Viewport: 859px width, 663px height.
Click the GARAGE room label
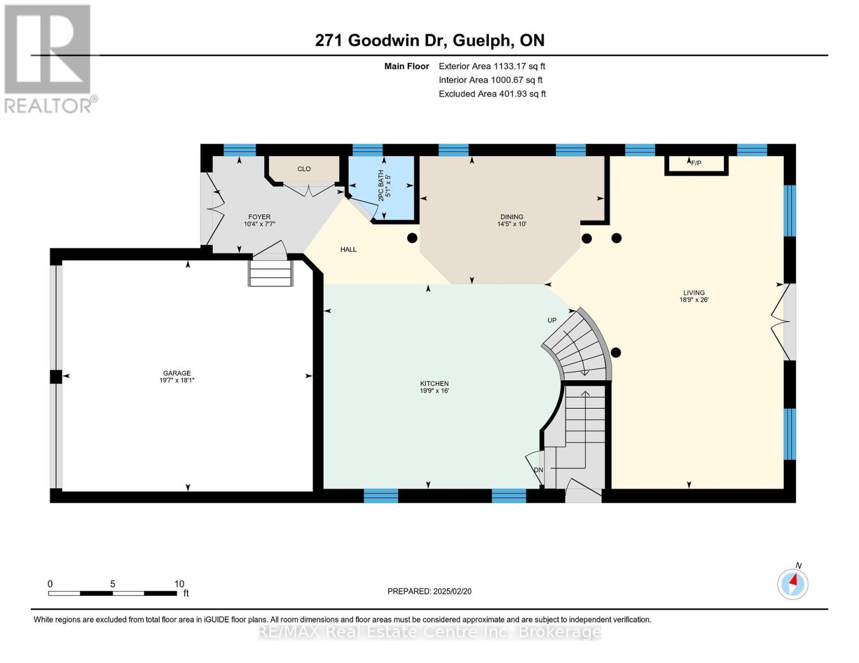[x=176, y=373]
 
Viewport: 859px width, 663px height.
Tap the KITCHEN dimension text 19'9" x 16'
[x=434, y=391]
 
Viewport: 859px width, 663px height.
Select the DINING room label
[x=512, y=217]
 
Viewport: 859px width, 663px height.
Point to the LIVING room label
[x=694, y=293]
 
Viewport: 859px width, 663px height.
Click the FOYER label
[x=259, y=217]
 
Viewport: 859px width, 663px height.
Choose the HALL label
[x=348, y=249]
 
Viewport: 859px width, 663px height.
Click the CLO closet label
[x=304, y=169]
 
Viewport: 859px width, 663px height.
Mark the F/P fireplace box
[x=696, y=164]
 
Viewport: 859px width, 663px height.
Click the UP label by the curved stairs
[x=551, y=320]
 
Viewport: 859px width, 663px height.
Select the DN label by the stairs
[x=538, y=470]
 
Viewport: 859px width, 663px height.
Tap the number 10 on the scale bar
[x=179, y=584]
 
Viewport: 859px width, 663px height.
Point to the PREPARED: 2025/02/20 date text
[x=429, y=591]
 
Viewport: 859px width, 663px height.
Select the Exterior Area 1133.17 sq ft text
[x=492, y=66]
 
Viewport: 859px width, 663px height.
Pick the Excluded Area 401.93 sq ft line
[x=492, y=94]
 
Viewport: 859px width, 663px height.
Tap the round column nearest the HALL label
[x=412, y=238]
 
